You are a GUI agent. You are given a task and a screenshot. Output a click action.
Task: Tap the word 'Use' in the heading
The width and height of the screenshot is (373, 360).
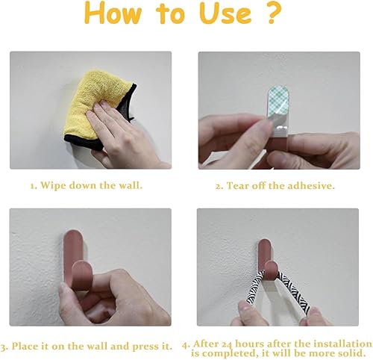pyautogui.click(x=225, y=13)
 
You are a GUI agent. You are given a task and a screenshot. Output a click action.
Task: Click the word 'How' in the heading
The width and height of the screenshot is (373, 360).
pyautogui.click(x=113, y=13)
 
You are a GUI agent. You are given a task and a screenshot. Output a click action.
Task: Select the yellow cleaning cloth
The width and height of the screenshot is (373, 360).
pyautogui.click(x=98, y=110)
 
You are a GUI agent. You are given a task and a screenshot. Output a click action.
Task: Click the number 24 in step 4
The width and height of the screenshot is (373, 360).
pyautogui.click(x=227, y=344)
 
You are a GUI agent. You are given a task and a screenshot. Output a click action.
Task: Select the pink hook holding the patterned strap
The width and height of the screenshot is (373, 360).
pyautogui.click(x=266, y=259)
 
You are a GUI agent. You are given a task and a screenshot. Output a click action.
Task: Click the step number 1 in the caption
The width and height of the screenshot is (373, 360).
pyautogui.click(x=33, y=186)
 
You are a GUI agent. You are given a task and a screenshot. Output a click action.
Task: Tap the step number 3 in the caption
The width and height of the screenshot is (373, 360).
pyautogui.click(x=4, y=347)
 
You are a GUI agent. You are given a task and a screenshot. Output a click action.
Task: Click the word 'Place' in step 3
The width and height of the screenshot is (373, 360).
pyautogui.click(x=23, y=347)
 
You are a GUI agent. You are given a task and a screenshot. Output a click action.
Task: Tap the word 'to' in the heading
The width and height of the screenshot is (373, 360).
pyautogui.click(x=171, y=13)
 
